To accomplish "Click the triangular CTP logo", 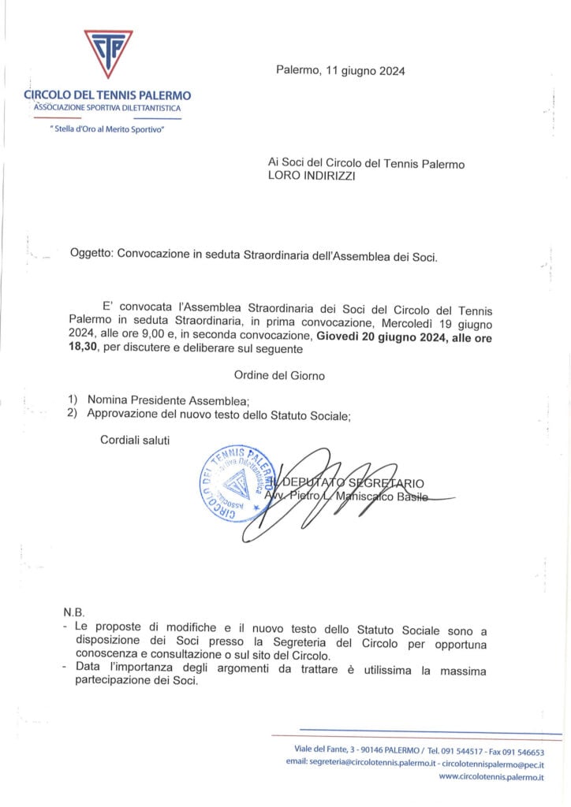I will coord(108,54).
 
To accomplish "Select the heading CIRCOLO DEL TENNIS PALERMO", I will coord(107,95).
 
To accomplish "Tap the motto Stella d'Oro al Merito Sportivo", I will coord(106,128).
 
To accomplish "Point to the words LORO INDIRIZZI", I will coord(312,178).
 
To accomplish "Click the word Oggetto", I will coord(91,256).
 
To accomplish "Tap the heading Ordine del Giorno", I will coord(279,376).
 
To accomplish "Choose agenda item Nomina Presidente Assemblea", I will coord(169,400).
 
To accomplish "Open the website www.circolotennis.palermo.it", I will coord(491,778).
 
